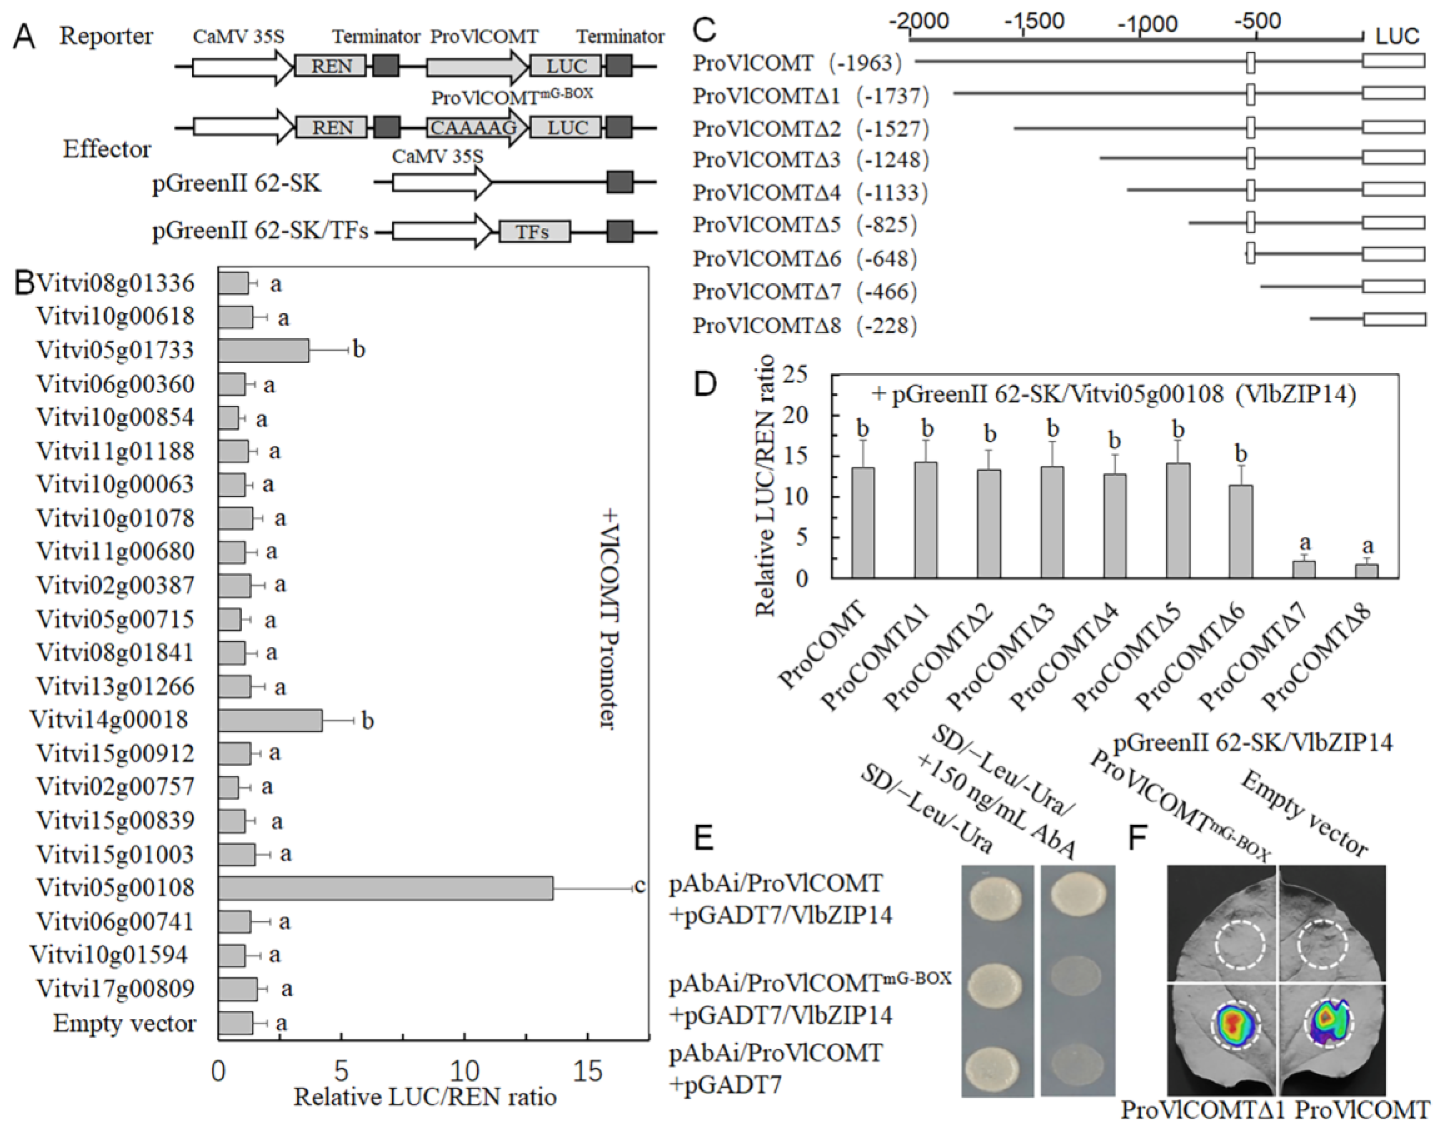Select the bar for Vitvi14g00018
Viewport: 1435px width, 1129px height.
click(x=270, y=720)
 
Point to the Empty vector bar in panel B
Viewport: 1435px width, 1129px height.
click(x=235, y=1023)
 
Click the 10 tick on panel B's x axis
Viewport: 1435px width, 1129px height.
click(x=464, y=1071)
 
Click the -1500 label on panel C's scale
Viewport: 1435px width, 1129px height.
click(x=1034, y=21)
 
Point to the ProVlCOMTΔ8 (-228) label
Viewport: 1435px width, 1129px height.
click(x=804, y=326)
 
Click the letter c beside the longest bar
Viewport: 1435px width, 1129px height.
click(x=639, y=887)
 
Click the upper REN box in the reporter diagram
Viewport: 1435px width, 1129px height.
click(x=331, y=66)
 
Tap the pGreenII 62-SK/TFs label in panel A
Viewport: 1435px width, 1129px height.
click(x=260, y=231)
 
